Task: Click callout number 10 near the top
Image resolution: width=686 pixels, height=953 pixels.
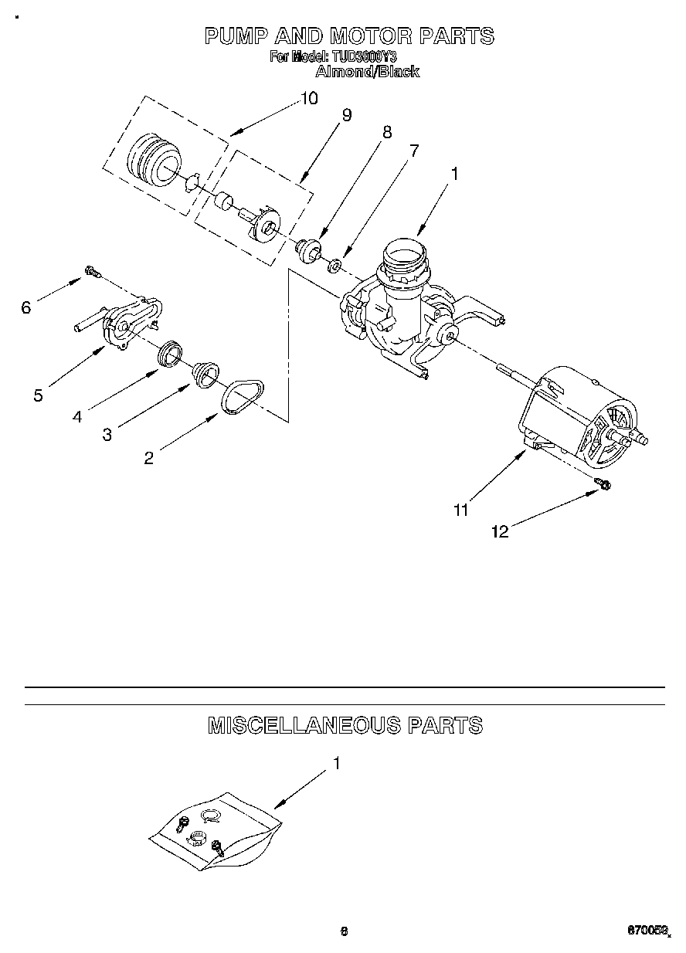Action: [x=308, y=99]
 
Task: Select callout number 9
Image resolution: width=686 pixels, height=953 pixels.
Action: [x=346, y=115]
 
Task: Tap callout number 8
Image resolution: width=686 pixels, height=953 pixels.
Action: [x=386, y=132]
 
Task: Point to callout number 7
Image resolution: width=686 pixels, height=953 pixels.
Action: [x=414, y=151]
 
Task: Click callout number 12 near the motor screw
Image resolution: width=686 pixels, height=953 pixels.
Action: [x=500, y=531]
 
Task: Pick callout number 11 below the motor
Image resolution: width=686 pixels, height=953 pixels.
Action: [x=460, y=510]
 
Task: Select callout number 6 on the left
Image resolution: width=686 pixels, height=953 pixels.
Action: [x=26, y=308]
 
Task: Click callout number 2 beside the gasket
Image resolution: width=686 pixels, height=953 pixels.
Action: [x=148, y=458]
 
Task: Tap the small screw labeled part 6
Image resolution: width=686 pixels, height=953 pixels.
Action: [x=92, y=271]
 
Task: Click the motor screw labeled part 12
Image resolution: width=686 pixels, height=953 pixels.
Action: [x=604, y=484]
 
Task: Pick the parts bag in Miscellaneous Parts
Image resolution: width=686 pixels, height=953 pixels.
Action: [x=212, y=830]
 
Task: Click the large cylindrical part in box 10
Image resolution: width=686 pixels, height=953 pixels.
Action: [x=151, y=159]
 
